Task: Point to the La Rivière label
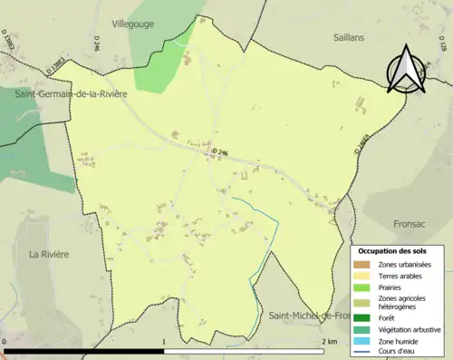(48, 254)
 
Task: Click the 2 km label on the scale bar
(329, 341)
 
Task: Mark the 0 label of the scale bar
(5, 341)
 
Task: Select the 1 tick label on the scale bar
(163, 341)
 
